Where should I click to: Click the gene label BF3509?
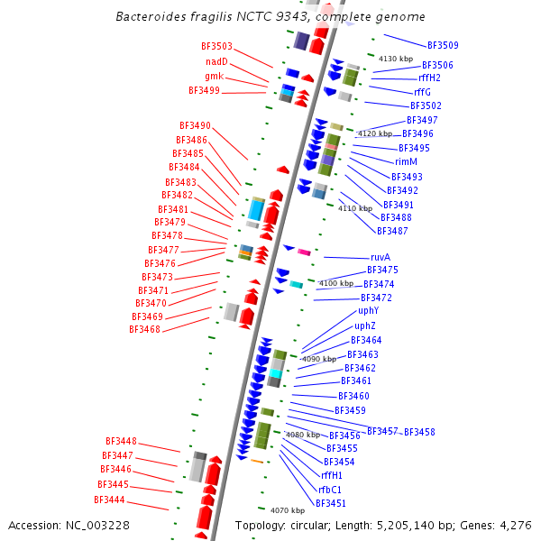click(x=443, y=45)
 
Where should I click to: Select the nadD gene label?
click(x=216, y=61)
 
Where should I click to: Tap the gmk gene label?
click(x=215, y=76)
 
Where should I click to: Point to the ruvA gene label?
click(x=381, y=257)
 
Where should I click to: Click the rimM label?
click(x=407, y=162)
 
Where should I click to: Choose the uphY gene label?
click(x=368, y=311)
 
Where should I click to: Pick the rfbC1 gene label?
click(x=330, y=490)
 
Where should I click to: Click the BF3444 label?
click(x=109, y=500)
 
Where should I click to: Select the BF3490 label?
click(x=195, y=125)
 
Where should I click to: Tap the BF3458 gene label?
click(x=419, y=432)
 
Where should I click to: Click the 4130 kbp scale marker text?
click(x=395, y=59)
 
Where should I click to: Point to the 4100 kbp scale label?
click(x=336, y=283)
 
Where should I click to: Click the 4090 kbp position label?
click(x=318, y=359)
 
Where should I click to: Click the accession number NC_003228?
click(x=99, y=525)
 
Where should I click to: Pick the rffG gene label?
click(x=423, y=92)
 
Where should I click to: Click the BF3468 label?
click(x=144, y=330)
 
